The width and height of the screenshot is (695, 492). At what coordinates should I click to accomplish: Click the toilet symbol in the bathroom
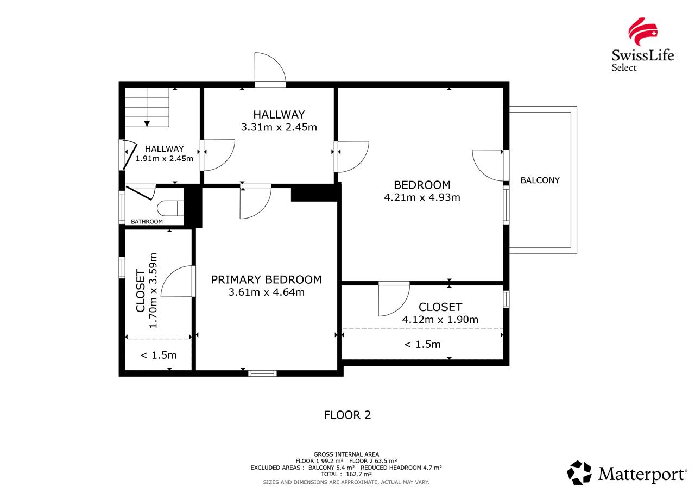170,208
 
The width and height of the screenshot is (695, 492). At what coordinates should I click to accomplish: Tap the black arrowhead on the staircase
147,123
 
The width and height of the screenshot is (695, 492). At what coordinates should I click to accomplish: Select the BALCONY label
540,180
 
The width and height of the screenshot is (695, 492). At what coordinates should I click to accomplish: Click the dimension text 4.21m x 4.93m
422,197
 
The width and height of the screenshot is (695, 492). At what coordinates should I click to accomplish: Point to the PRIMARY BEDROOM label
266,279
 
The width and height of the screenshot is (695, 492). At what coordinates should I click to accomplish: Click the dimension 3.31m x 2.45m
279,127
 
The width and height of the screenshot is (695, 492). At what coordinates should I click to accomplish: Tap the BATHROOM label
147,221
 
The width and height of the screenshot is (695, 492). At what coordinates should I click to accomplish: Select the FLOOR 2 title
347,415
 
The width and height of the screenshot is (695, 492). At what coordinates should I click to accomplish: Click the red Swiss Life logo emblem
642,32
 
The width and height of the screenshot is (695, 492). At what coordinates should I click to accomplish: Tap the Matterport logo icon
579,473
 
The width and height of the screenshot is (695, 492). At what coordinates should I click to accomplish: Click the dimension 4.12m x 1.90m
440,319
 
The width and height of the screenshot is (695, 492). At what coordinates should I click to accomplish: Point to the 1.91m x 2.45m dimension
164,158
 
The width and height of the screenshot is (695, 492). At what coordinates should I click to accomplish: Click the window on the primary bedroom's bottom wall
262,373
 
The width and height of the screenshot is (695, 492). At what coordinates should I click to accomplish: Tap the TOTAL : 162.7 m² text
346,474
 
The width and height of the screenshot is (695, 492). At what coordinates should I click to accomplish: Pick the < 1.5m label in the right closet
422,344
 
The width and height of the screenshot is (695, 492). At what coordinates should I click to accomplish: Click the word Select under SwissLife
624,68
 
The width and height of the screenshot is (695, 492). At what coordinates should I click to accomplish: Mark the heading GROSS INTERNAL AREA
346,454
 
